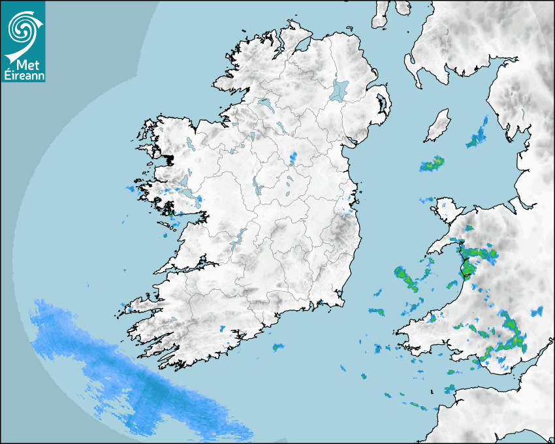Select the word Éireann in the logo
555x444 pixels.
(23, 76)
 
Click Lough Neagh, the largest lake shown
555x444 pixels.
(340, 89)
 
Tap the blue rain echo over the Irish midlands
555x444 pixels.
(293, 158)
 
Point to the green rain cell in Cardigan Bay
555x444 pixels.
(406, 278)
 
